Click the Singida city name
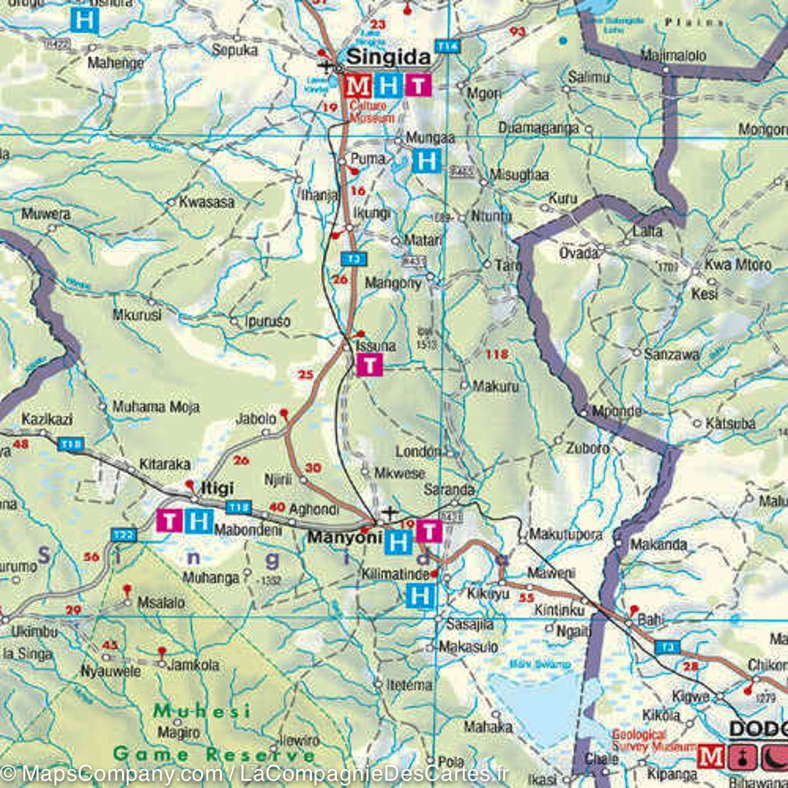388,57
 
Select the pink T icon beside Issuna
370,364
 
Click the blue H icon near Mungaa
426,160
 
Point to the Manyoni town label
345,537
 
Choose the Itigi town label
217,489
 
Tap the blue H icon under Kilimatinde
420,596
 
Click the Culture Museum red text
372,112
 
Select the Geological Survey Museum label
653,741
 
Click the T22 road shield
123,535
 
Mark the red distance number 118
496,355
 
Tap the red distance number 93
517,32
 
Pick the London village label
418,452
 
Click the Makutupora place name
565,535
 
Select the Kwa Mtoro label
737,265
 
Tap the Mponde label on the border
617,411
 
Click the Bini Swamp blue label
540,664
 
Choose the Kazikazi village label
47,419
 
